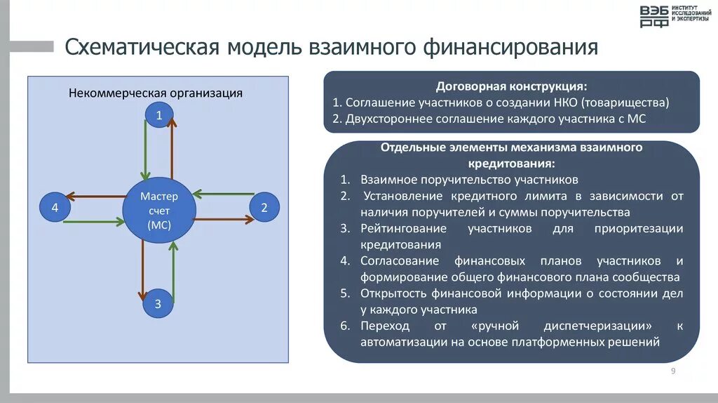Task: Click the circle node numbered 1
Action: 158,116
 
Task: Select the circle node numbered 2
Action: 264,207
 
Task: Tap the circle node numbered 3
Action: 158,304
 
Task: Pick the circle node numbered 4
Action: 55,208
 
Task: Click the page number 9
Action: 673,371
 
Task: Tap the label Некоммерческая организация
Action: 155,93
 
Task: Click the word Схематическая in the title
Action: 141,48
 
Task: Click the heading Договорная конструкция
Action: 511,86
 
